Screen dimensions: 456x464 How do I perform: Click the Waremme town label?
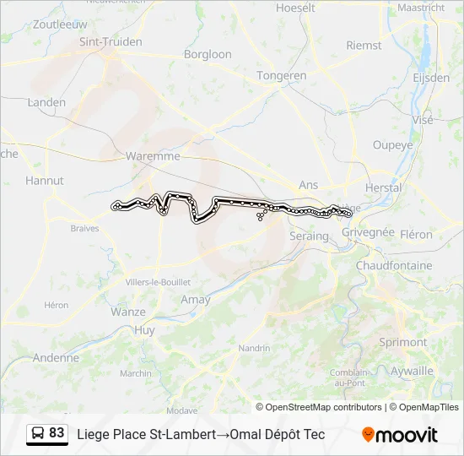(152, 156)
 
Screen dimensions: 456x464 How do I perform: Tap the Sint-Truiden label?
(110, 41)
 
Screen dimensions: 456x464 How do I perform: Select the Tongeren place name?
(281, 75)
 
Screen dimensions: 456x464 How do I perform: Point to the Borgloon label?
(208, 54)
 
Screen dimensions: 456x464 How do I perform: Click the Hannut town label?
(44, 180)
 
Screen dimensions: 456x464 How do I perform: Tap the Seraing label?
(309, 236)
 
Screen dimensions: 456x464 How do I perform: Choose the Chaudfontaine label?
(394, 265)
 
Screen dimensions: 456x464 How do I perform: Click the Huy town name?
(145, 330)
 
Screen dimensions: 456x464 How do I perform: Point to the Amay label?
(196, 299)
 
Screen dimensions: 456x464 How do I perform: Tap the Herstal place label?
(383, 187)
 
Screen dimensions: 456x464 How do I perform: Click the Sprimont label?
(403, 342)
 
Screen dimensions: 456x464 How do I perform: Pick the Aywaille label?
(413, 370)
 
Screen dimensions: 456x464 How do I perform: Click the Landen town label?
(46, 102)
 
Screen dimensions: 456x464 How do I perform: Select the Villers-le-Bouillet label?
(157, 282)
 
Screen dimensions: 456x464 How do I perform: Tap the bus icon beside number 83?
(38, 434)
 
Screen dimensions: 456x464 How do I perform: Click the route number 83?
(57, 433)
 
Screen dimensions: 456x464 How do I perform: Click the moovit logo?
(400, 435)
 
